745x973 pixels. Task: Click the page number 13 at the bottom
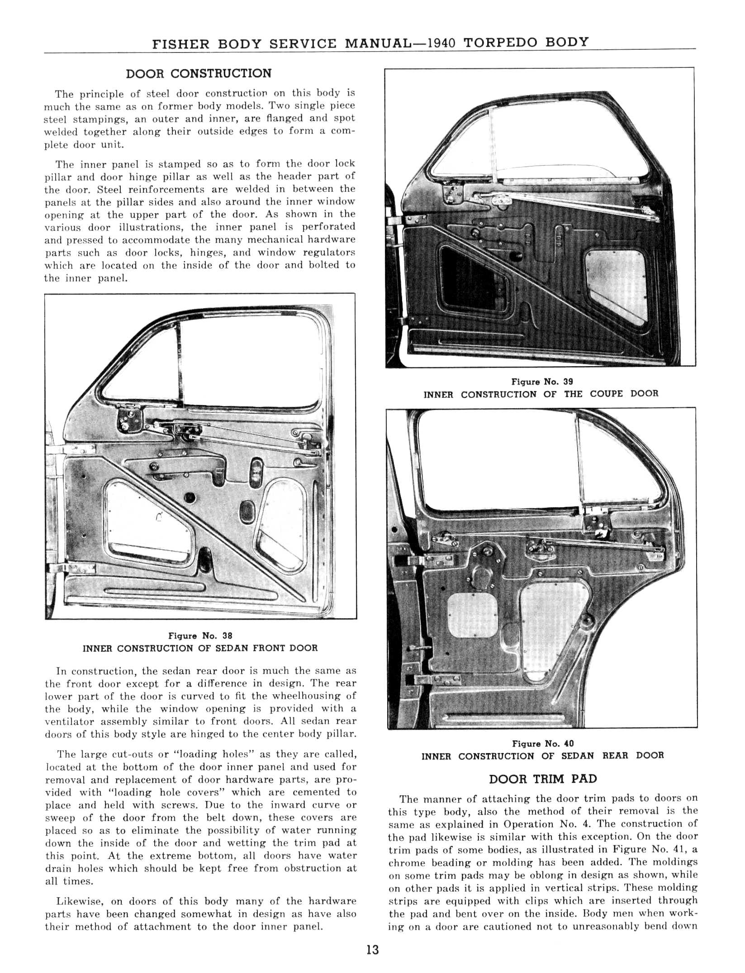[372, 949]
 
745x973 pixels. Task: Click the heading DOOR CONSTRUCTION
[199, 74]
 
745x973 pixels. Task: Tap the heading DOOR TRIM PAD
[542, 779]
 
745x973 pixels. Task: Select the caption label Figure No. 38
[200, 636]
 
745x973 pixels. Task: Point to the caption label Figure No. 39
[542, 382]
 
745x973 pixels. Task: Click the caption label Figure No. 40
[542, 744]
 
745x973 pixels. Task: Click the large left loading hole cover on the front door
[145, 520]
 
